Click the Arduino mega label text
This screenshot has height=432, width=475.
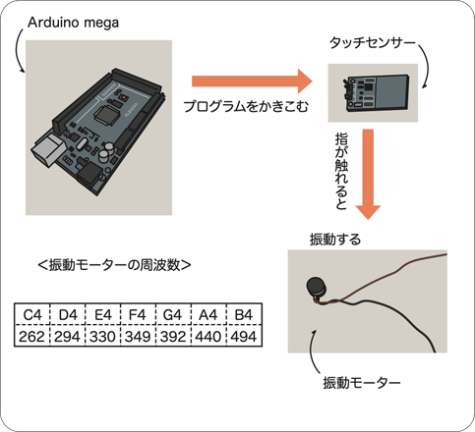coord(73,23)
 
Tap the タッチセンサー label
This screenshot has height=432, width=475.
coord(372,43)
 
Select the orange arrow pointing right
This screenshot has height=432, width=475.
coord(252,81)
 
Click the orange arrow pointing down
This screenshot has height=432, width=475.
coord(368,174)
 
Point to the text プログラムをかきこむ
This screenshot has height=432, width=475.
coord(246,107)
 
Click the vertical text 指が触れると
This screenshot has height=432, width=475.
coord(341,171)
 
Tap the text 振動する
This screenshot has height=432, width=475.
coord(335,240)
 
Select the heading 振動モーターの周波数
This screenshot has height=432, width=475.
coord(114,265)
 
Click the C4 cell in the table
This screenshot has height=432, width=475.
coord(31,314)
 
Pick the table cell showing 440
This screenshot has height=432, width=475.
coord(208,336)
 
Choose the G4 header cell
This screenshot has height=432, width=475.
coord(173,314)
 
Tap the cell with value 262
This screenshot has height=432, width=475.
coord(31,336)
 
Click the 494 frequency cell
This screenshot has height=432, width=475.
coord(244,336)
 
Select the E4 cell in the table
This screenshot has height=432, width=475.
coord(102,314)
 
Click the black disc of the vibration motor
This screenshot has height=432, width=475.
coord(317,288)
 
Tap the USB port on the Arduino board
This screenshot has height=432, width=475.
coord(47,151)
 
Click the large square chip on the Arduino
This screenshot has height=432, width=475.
coord(106,114)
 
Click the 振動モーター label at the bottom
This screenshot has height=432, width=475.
coord(362,383)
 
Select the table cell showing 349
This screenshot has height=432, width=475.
coord(138,336)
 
